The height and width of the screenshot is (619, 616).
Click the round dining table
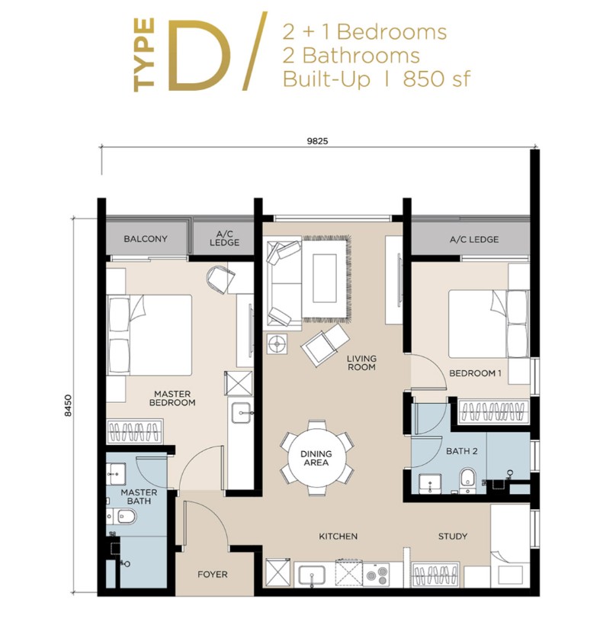(316, 458)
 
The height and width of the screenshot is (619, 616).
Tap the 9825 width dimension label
(317, 141)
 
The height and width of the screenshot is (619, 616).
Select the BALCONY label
(146, 239)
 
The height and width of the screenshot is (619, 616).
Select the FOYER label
(213, 575)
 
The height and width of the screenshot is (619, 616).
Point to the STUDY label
(453, 536)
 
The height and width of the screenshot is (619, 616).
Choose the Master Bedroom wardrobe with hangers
(135, 431)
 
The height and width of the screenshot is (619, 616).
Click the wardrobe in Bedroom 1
(493, 411)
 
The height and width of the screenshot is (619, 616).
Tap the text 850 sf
(437, 79)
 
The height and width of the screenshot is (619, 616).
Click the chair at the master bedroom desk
(220, 279)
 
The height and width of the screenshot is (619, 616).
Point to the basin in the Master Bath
(116, 474)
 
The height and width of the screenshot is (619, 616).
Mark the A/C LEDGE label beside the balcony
(224, 238)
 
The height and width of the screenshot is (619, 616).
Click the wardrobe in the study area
(435, 575)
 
